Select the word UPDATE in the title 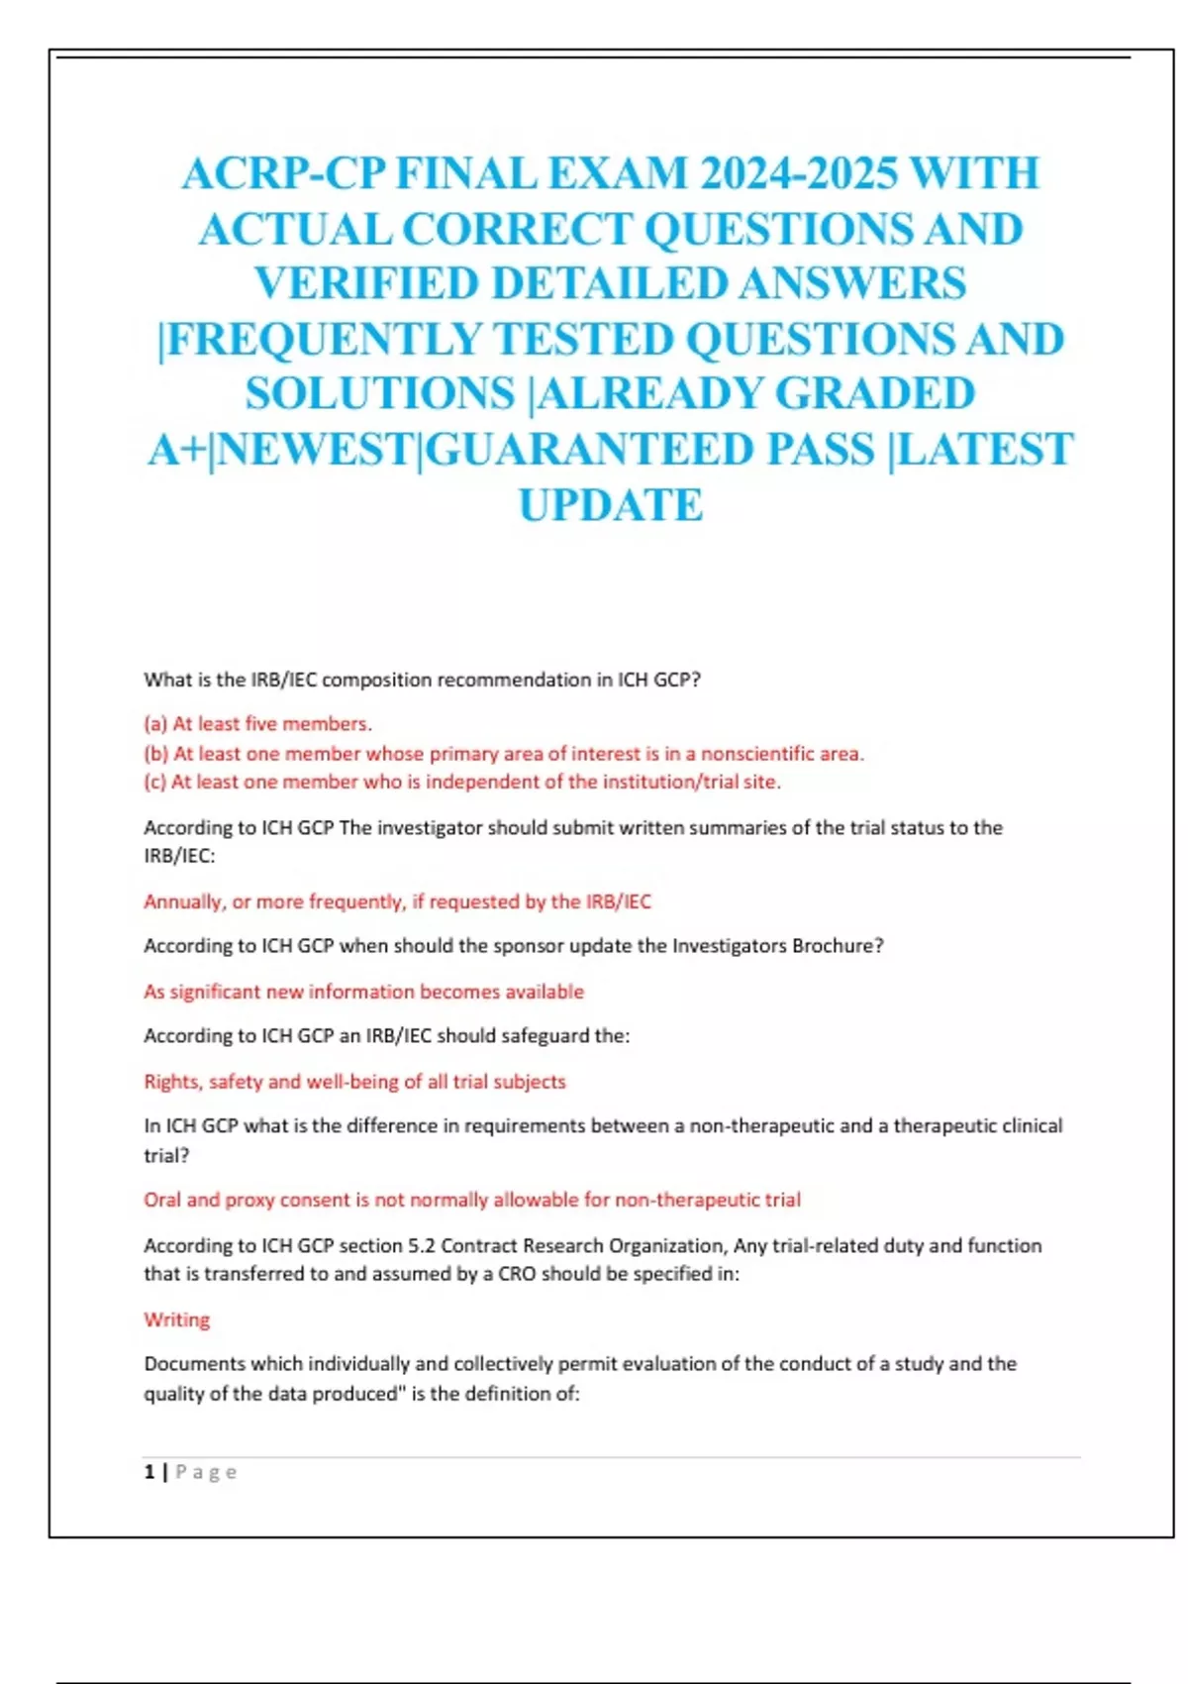[x=611, y=505]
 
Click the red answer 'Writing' [x=177, y=1319]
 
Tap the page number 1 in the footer [x=149, y=1472]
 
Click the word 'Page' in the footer [x=206, y=1472]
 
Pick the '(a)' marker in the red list [x=155, y=724]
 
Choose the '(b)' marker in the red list [x=155, y=754]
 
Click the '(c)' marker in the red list [x=154, y=782]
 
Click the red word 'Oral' [x=162, y=1200]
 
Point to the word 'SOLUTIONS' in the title [x=380, y=394]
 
